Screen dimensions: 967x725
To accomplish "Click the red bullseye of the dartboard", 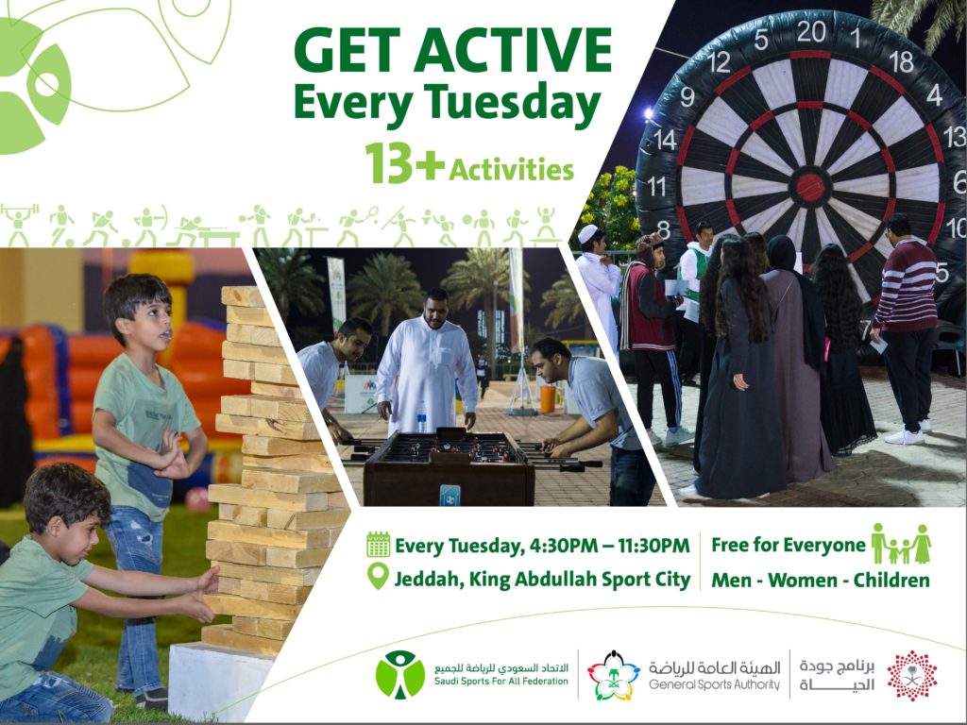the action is click(810, 187).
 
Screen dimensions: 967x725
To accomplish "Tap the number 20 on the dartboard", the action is click(811, 31).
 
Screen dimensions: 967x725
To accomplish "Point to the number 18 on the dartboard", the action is click(901, 61).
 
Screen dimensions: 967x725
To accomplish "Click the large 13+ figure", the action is click(404, 162).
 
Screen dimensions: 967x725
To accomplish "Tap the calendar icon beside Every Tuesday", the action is click(378, 545).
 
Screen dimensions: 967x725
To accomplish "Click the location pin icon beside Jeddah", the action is click(378, 576).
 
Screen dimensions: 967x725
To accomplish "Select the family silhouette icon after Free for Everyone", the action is click(901, 544).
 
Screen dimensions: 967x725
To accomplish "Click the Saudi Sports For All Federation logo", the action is click(400, 674).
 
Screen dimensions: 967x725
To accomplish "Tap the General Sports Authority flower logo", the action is click(613, 675).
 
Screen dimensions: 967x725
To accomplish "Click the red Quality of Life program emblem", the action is click(912, 675).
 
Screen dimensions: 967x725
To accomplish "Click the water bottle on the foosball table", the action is click(421, 417).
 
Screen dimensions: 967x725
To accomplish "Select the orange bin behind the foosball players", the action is click(548, 399).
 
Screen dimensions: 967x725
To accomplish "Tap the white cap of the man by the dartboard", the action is click(588, 233).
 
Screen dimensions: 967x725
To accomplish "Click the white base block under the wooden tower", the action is click(219, 681).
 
